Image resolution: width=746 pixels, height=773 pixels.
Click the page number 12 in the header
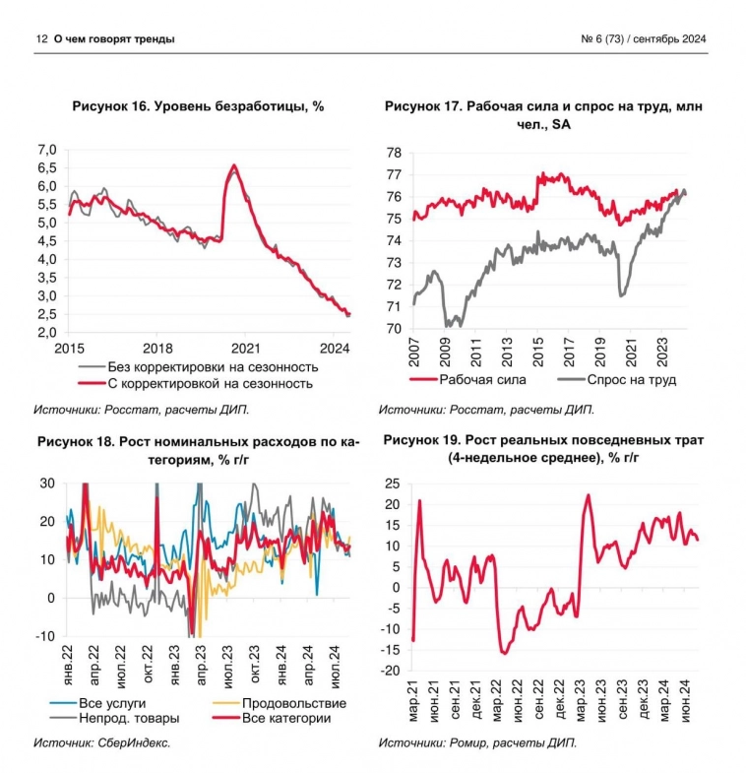tap(40, 38)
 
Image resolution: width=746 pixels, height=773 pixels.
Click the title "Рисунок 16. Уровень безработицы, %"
tap(199, 106)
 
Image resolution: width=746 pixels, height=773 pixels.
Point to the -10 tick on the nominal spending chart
tap(45, 636)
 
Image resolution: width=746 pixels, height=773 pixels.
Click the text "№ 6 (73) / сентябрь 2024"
tap(645, 38)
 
